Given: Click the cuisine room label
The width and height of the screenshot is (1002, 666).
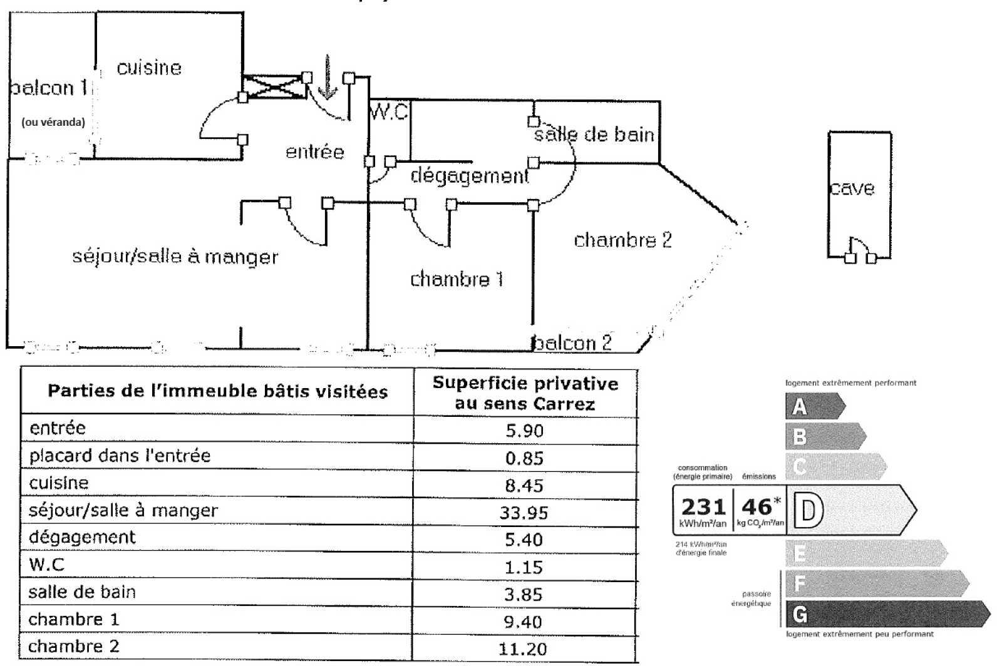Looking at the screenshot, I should point(149,68).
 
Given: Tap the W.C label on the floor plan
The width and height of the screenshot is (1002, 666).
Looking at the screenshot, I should point(389,113).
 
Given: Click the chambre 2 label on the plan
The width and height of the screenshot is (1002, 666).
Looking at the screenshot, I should point(622,240).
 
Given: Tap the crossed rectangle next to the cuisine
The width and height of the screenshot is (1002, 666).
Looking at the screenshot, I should point(274,86).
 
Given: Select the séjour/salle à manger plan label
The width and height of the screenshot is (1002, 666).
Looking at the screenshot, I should point(175,257).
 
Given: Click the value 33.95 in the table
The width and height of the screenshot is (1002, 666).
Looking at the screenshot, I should point(524,513).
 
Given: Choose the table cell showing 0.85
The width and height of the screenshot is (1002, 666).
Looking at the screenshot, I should point(524,459).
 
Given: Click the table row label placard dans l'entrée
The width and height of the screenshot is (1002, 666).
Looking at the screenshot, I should point(120,456).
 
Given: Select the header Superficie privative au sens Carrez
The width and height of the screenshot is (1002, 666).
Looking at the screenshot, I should point(525,393).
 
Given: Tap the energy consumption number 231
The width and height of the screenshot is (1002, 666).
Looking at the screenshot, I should point(703,507).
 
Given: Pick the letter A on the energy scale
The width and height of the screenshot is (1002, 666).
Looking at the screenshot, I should point(799,407).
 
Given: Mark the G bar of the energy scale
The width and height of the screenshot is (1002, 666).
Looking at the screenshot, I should point(883,614).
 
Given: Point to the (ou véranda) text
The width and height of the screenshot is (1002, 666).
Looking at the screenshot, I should point(53,122).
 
